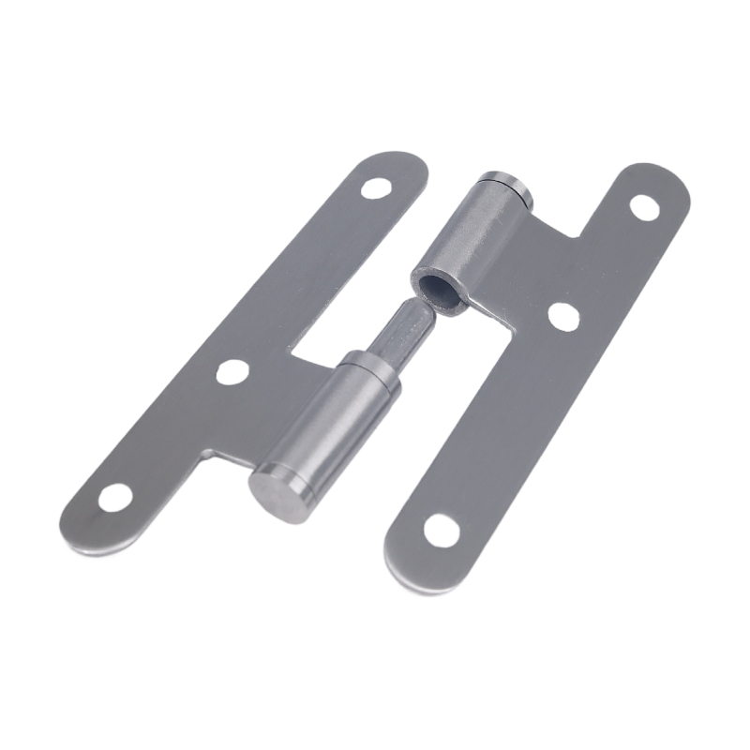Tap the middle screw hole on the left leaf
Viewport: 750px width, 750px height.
pyautogui.click(x=232, y=372)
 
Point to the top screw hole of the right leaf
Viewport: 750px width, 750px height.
pyautogui.click(x=644, y=206)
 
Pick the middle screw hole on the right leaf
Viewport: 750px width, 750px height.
pyautogui.click(x=562, y=316)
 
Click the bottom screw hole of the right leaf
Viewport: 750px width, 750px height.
pyautogui.click(x=442, y=530)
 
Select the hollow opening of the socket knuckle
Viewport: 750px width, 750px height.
pyautogui.click(x=436, y=287)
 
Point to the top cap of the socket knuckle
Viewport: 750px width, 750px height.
pyautogui.click(x=506, y=185)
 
